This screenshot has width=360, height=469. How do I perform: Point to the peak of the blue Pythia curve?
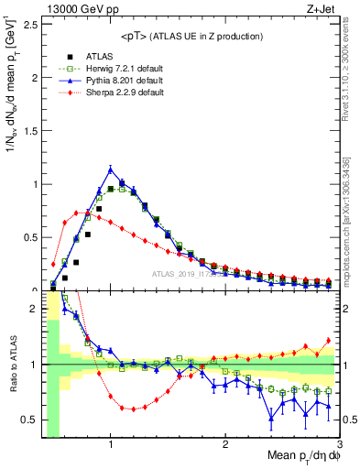pyautogui.click(x=111, y=169)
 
